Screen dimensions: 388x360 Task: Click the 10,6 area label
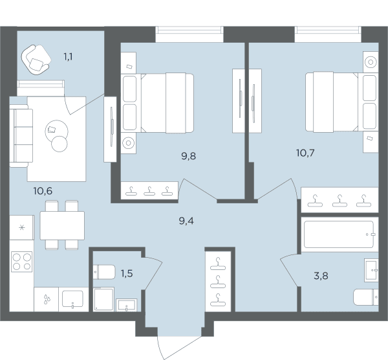(43, 191)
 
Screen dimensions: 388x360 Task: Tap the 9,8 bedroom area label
(189, 156)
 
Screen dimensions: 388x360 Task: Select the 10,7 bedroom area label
(305, 153)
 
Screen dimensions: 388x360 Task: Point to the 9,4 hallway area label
(186, 221)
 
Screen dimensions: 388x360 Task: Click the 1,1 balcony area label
(68, 57)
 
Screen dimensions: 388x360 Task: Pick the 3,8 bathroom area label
(321, 276)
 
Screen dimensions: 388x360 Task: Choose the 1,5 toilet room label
(127, 273)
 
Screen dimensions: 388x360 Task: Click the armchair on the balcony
(36, 60)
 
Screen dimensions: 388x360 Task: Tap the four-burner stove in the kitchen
(22, 262)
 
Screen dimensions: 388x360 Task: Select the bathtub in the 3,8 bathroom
(339, 234)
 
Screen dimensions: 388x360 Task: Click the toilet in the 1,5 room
(104, 272)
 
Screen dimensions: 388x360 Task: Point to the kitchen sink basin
(72, 298)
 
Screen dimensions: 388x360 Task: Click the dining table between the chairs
(62, 225)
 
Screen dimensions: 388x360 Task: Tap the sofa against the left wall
(21, 136)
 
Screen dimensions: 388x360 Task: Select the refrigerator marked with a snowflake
(22, 227)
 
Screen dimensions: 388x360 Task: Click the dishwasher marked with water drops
(47, 299)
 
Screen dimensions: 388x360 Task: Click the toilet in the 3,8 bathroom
(366, 297)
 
